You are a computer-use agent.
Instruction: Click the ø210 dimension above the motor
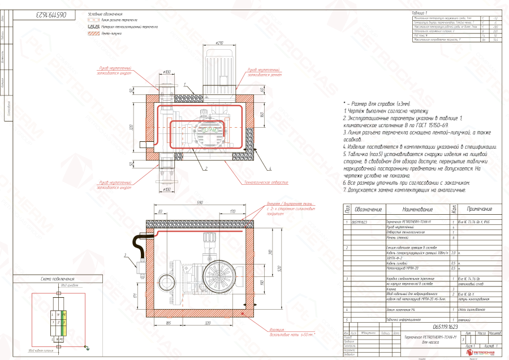pyautogui.click(x=220, y=43)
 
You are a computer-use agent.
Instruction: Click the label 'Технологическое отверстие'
pyautogui.click(x=266, y=183)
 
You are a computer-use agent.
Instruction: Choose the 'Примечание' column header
pyautogui.click(x=480, y=210)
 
